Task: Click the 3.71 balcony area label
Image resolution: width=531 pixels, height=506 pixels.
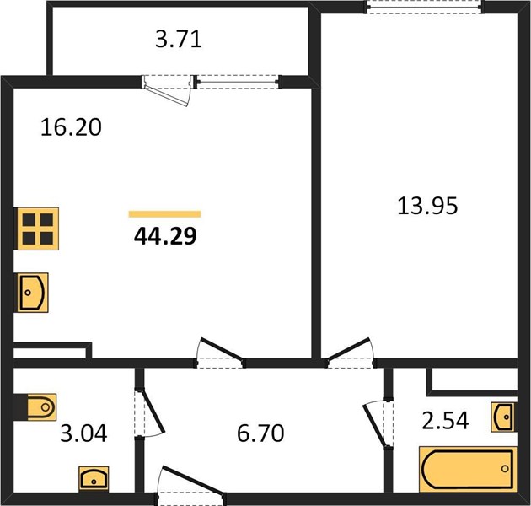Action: coord(179,40)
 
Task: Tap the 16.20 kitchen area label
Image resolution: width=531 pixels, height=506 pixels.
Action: coord(71,127)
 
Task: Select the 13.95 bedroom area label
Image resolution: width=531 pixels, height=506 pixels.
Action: coord(427,206)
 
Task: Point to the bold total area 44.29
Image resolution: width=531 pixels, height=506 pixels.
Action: coord(165,236)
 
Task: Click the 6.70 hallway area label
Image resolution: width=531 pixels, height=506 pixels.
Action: coord(260,433)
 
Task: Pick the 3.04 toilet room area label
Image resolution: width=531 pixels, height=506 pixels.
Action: coord(83,433)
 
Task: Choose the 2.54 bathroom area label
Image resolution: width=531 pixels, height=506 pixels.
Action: coord(445,420)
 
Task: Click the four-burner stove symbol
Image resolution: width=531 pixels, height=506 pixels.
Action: coord(36,229)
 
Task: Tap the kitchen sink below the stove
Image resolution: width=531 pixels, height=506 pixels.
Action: coord(31,293)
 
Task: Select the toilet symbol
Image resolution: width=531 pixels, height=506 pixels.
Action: coord(35,407)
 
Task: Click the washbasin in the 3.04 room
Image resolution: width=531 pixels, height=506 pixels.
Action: coord(94,479)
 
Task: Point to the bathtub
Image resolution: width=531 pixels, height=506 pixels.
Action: coord(468,470)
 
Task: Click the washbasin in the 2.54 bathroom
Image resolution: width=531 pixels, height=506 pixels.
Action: coord(504,417)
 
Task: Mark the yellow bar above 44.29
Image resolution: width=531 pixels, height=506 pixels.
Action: coord(165,214)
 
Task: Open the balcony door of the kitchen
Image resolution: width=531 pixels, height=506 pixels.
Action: coord(167,90)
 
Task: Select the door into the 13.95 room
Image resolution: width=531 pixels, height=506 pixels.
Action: coord(349,353)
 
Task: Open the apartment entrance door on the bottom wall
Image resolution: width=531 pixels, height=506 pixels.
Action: coord(191,483)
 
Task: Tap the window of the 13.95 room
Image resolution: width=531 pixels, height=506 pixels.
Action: coord(424,8)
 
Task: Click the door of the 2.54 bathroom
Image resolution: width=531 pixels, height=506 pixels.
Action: coord(378,424)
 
